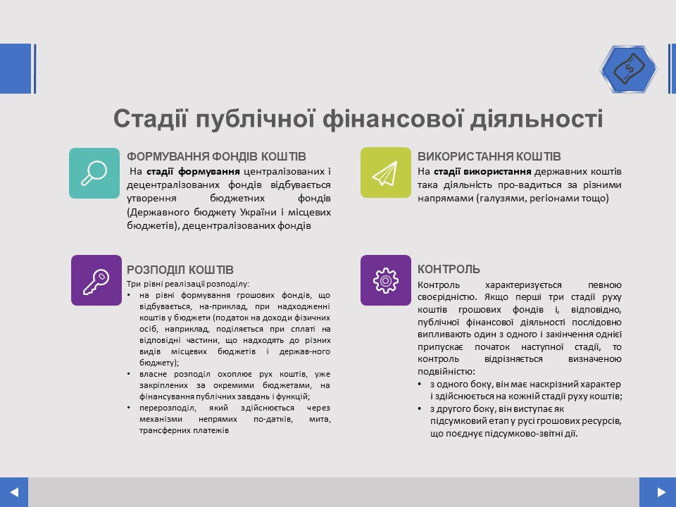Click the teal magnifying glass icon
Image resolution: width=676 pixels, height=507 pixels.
click(x=94, y=173)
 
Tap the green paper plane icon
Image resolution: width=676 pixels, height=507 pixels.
click(x=385, y=173)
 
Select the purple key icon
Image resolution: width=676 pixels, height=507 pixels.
click(x=96, y=280)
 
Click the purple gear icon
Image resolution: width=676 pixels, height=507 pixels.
click(x=385, y=280)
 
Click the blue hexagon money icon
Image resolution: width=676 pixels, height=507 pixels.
click(x=629, y=68)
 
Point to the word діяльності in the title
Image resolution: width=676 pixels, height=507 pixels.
click(x=537, y=119)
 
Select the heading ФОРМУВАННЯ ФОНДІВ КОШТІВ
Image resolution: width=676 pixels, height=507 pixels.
click(x=216, y=156)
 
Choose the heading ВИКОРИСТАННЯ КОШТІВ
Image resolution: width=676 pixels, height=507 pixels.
click(x=489, y=156)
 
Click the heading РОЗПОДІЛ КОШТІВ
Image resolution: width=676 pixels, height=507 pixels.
click(x=180, y=270)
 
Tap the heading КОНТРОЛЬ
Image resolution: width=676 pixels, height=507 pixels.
click(x=449, y=269)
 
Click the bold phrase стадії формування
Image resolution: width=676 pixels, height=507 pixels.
click(x=193, y=172)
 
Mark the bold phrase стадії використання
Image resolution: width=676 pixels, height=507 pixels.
click(x=482, y=172)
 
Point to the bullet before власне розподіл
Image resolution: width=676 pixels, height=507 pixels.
click(x=129, y=374)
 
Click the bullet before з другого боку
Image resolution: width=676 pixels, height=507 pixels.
click(x=420, y=408)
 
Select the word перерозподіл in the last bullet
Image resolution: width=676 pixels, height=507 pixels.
click(x=168, y=408)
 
